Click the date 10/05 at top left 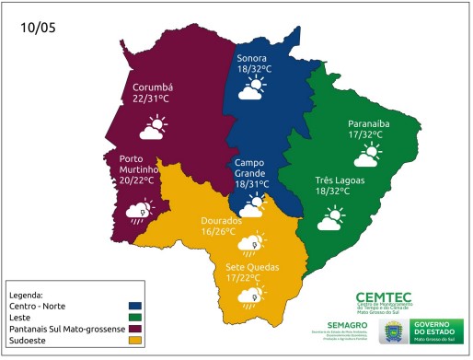pos(39,29)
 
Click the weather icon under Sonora pos(251,89)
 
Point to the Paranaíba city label pos(371,123)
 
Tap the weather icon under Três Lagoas pos(331,218)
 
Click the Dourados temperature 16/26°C pos(221,232)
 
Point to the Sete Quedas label pos(249,267)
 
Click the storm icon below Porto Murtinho pos(140,213)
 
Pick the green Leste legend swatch pos(135,317)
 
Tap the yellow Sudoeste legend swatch pos(135,341)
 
